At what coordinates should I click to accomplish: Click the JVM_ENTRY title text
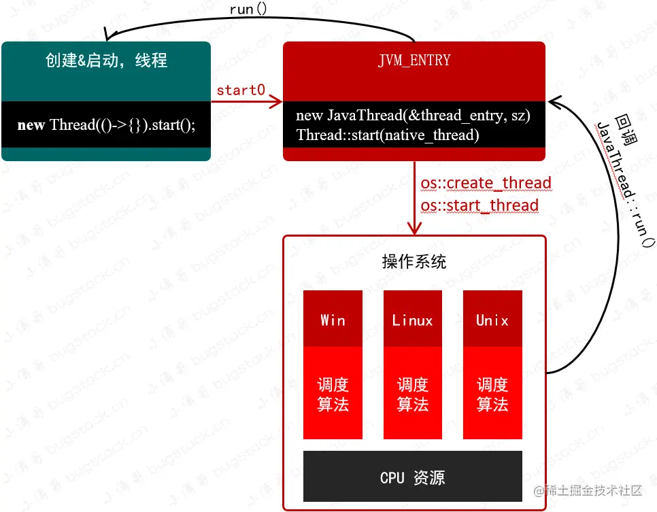414,61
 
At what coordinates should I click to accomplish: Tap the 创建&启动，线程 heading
106,61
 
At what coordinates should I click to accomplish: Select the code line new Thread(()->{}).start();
106,125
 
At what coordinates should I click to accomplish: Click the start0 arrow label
240,90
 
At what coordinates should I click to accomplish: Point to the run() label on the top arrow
250,10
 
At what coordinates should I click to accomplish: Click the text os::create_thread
486,184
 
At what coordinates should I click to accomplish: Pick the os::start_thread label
479,205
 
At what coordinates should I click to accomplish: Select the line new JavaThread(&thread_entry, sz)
413,116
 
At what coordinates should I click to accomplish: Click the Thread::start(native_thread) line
388,135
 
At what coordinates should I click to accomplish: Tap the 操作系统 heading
414,262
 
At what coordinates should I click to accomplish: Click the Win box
333,320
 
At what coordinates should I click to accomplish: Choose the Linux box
412,320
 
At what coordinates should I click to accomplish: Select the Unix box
492,320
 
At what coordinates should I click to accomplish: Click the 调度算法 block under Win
333,394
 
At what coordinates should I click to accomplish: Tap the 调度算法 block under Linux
412,394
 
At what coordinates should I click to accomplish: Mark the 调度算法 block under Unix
492,394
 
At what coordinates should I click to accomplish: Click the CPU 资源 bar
413,477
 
